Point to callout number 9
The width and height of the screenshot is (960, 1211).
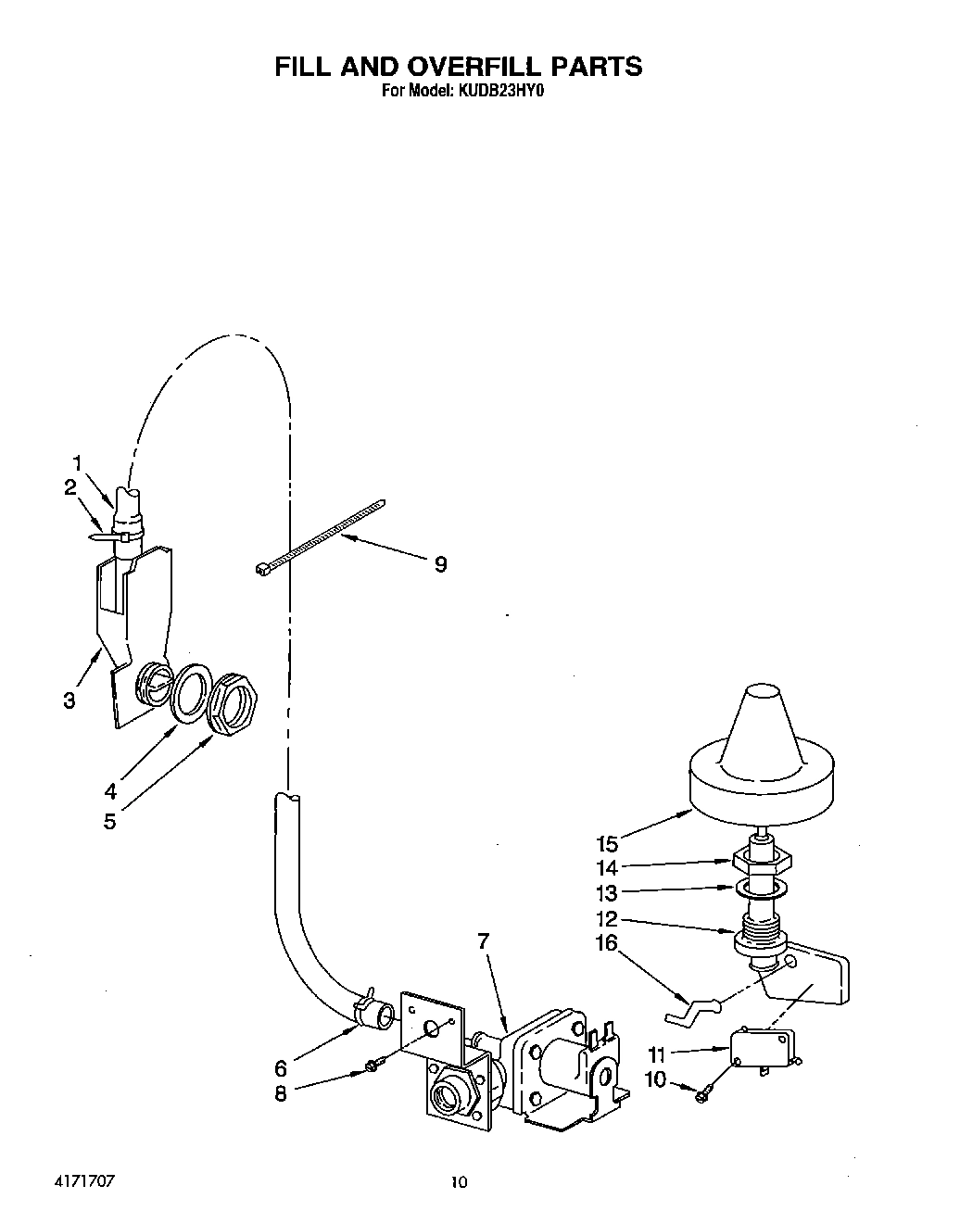click(x=441, y=563)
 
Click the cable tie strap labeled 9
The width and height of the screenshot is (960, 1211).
click(x=320, y=539)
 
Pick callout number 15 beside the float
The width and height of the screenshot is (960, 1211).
click(x=607, y=844)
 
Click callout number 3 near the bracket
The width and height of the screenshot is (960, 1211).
click(x=69, y=700)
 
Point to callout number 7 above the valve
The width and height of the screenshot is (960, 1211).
click(x=482, y=941)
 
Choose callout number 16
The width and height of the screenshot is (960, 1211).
click(x=606, y=944)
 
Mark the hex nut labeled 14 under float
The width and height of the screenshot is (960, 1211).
click(x=763, y=861)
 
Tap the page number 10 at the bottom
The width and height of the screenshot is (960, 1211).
click(x=458, y=1181)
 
